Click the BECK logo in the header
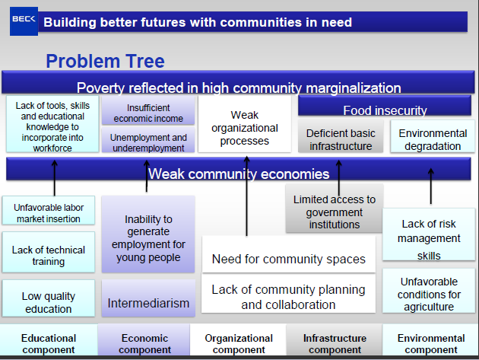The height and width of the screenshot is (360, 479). coord(23,23)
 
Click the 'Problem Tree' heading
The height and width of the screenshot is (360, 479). coord(105,61)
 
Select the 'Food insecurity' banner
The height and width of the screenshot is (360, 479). coord(385,110)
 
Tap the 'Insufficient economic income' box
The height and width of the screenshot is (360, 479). coord(149,113)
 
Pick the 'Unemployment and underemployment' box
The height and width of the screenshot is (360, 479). coord(149,142)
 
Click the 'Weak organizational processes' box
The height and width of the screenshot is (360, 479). coord(245,128)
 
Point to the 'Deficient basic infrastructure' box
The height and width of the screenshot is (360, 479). coord(340,139)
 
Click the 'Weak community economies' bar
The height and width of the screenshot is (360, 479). coord(238,174)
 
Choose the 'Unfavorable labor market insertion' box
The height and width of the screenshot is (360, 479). coord(49,213)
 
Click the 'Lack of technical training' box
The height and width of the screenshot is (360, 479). coord(49,255)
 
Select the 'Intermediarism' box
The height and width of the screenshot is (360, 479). coord(148,303)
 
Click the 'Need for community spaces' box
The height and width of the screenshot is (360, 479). coord(288,260)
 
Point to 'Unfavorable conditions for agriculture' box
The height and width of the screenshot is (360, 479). coord(430,294)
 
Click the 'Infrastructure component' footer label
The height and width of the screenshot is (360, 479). coord(335,343)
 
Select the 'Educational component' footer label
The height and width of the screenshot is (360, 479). coord(49,343)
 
